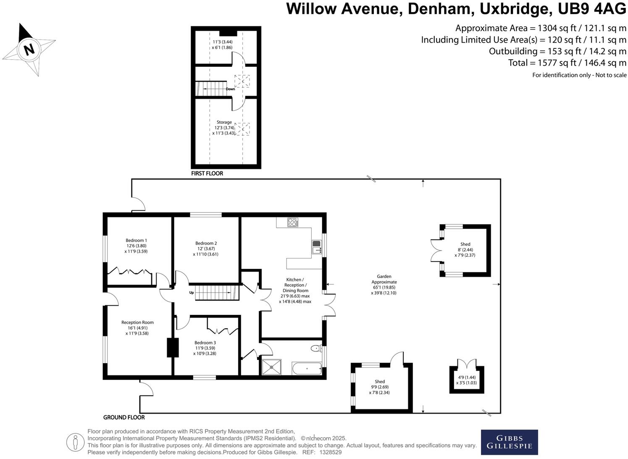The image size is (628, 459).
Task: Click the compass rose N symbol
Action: [29, 49]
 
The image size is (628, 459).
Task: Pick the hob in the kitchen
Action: [292, 222]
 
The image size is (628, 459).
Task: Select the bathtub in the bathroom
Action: [307, 369]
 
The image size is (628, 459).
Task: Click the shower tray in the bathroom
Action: [273, 367]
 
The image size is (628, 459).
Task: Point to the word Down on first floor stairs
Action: [231, 89]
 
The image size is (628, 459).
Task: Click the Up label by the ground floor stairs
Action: [192, 293]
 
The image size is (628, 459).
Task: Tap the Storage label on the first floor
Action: [224, 122]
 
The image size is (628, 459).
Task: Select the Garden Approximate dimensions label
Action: [384, 285]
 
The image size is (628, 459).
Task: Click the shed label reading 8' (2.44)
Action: [465, 250]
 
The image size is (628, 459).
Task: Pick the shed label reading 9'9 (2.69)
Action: [380, 387]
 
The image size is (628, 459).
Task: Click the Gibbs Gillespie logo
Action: [509, 442]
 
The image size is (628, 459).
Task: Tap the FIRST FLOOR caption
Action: [207, 173]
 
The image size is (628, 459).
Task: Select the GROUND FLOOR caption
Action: [124, 417]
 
